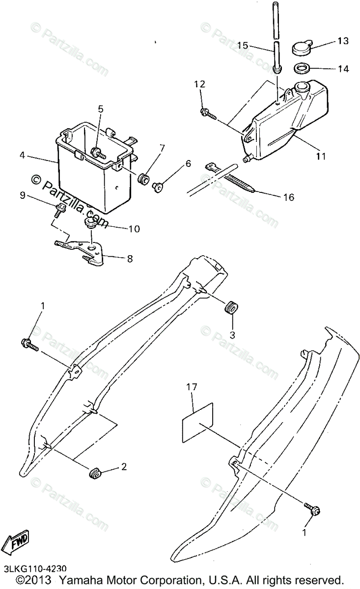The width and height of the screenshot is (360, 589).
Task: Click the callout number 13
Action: click(x=342, y=40)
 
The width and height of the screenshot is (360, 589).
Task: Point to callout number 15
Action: click(x=243, y=45)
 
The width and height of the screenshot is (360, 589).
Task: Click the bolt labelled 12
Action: click(x=208, y=113)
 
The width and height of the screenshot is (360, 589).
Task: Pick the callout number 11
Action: click(x=321, y=156)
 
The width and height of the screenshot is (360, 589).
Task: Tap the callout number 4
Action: click(x=22, y=156)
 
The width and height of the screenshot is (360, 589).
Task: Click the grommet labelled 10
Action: click(x=91, y=223)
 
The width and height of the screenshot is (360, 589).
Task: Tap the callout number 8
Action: click(x=130, y=259)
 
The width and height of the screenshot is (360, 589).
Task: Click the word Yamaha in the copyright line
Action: click(x=82, y=580)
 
